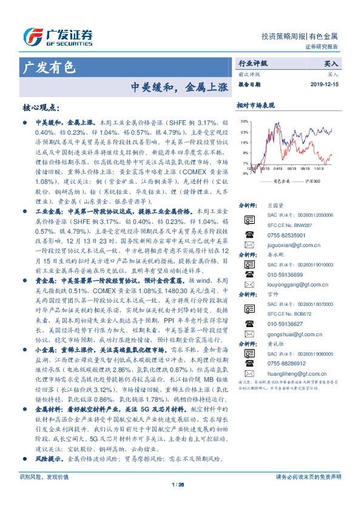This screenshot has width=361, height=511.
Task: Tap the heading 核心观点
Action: [41, 108]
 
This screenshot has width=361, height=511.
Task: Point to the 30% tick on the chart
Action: [243, 121]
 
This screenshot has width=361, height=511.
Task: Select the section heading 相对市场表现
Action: [255, 105]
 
